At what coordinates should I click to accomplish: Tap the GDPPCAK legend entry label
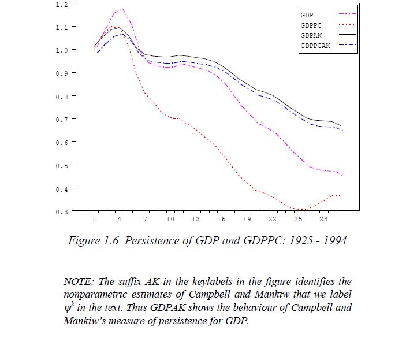(x=315, y=46)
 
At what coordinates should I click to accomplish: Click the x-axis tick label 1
(x=94, y=220)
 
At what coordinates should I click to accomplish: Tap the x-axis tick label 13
(x=196, y=220)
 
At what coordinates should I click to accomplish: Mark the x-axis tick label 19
(x=247, y=220)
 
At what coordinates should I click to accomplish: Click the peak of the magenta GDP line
(x=122, y=9)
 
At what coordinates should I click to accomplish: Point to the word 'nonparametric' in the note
(x=95, y=295)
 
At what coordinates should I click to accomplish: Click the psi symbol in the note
(x=68, y=308)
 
